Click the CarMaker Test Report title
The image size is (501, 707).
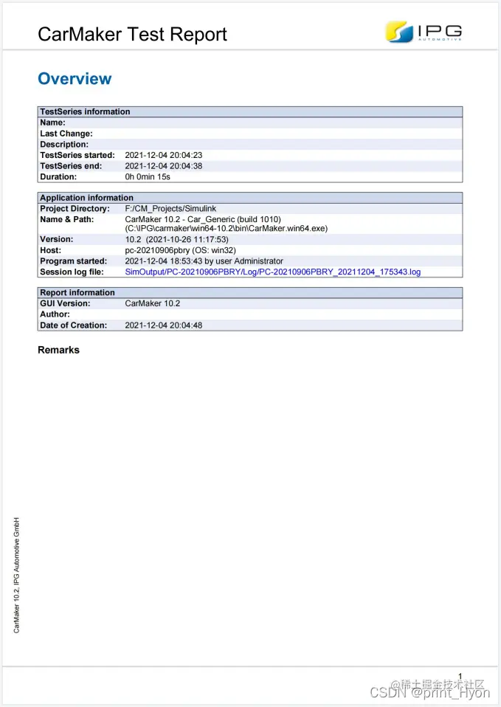[x=132, y=34]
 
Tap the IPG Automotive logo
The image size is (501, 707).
[x=424, y=32]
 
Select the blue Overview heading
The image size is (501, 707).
[x=75, y=79]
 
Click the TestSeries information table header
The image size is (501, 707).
[x=85, y=111]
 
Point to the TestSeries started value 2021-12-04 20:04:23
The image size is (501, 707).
[x=164, y=155]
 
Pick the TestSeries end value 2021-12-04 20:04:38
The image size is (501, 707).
[x=164, y=166]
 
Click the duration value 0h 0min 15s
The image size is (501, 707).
[x=148, y=177]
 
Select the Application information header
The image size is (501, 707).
[x=86, y=198]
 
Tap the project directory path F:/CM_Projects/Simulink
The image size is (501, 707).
[x=170, y=209]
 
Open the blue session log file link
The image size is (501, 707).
[x=273, y=272]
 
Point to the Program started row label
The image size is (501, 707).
[x=73, y=261]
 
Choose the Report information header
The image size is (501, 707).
[x=77, y=292]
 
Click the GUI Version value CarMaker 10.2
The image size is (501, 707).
[x=153, y=303]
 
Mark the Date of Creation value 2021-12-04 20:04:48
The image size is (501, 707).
[x=164, y=325]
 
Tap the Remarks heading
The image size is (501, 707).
[x=58, y=350]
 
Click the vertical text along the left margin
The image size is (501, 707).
[x=17, y=573]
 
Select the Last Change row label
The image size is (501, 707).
[x=66, y=134]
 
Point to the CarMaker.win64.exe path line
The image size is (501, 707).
[x=227, y=229]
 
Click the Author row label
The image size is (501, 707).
[x=55, y=314]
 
